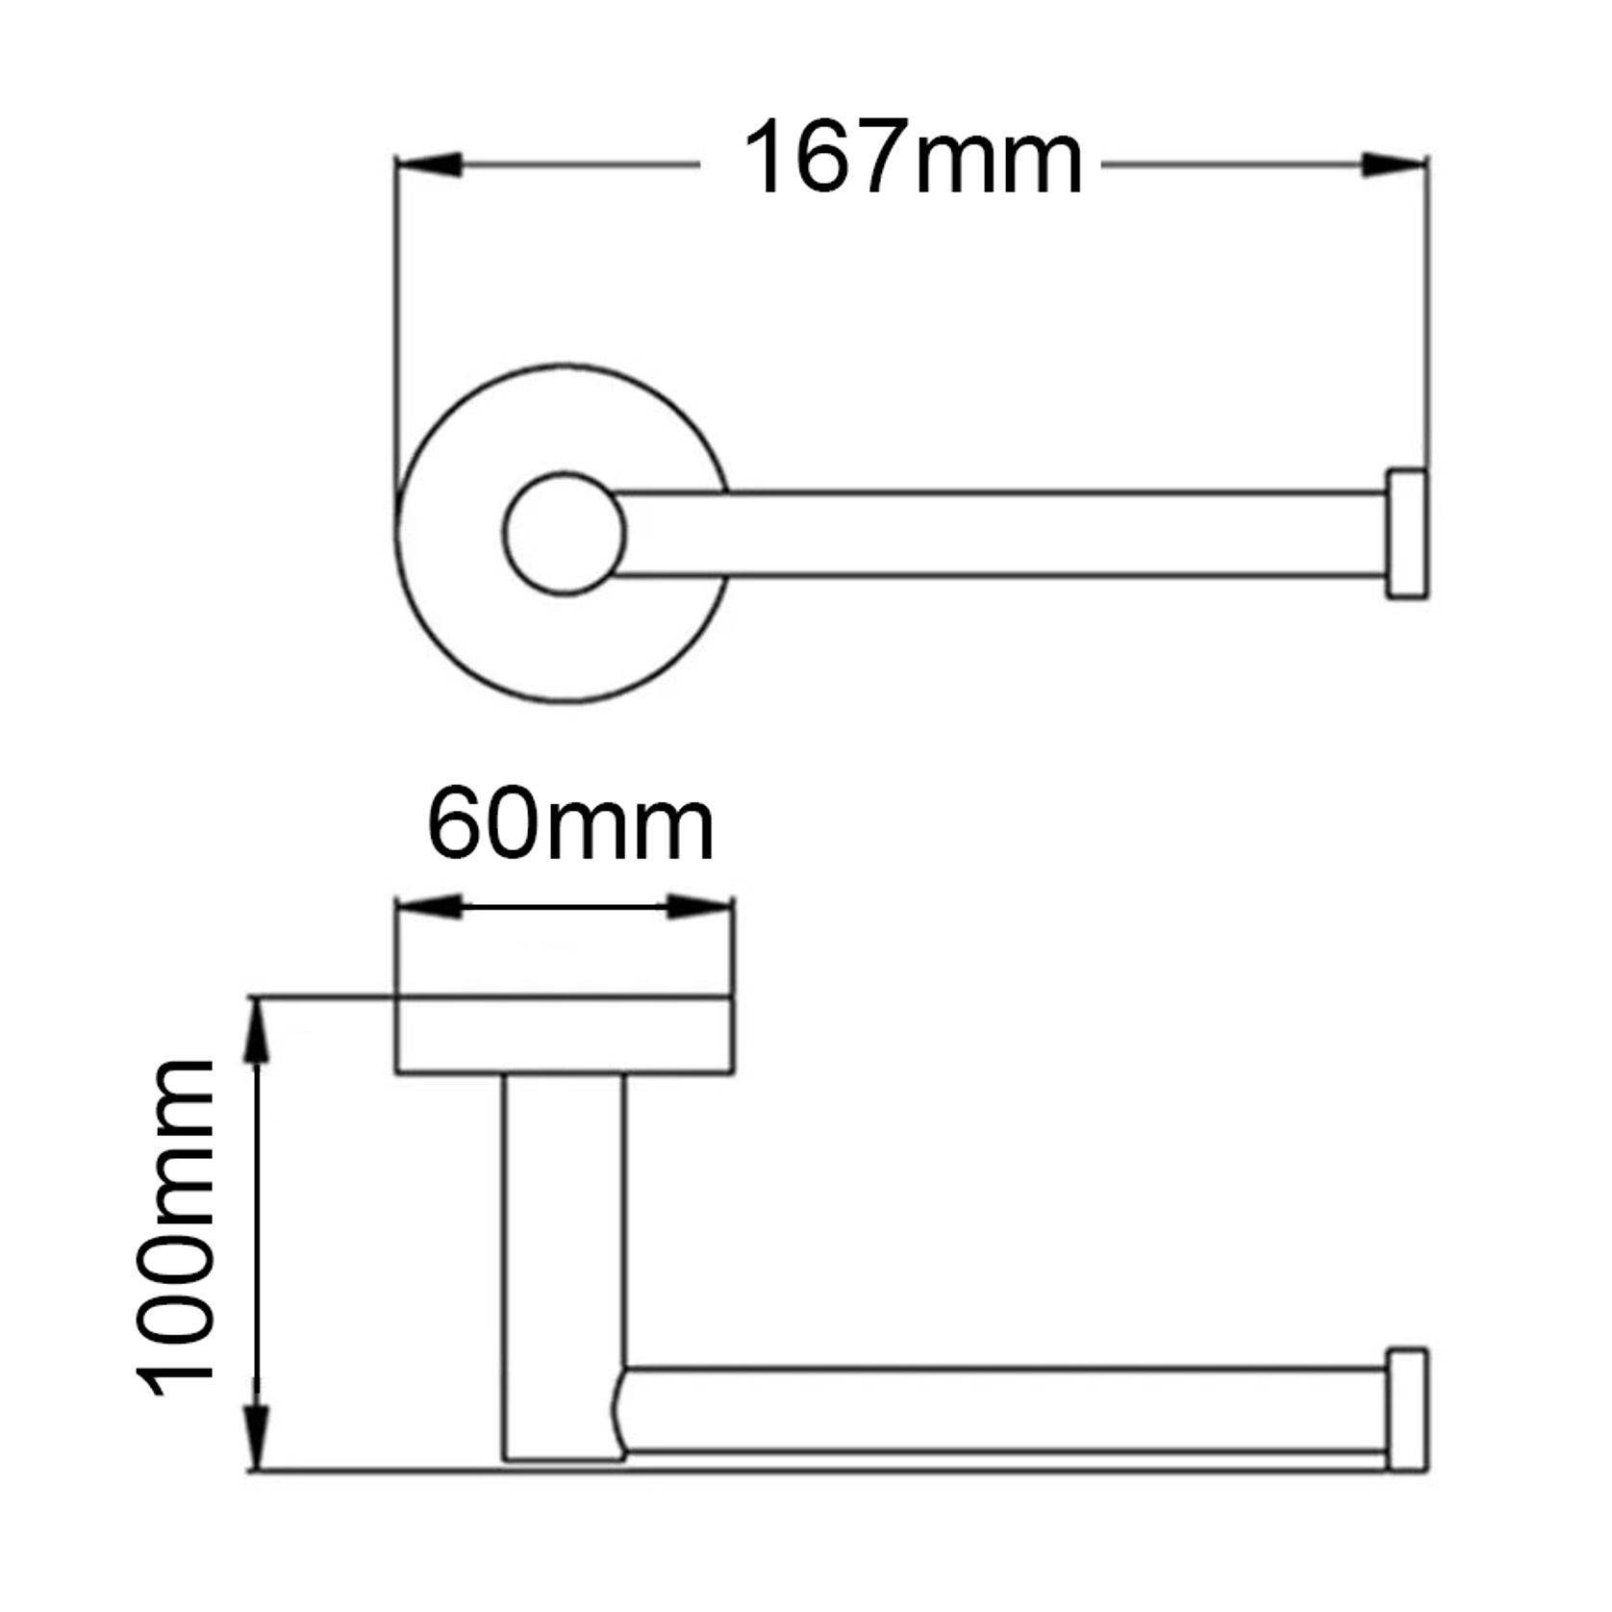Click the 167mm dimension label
[912, 159]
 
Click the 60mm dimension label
[569, 825]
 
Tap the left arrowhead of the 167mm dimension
[429, 165]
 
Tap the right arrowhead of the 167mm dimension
[1395, 165]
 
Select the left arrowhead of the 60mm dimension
[429, 907]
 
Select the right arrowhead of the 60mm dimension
[700, 907]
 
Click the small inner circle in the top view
[564, 534]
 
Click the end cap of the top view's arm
[1406, 535]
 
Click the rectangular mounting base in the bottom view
[565, 1036]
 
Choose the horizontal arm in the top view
[1000, 535]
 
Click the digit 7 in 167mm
[868, 159]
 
